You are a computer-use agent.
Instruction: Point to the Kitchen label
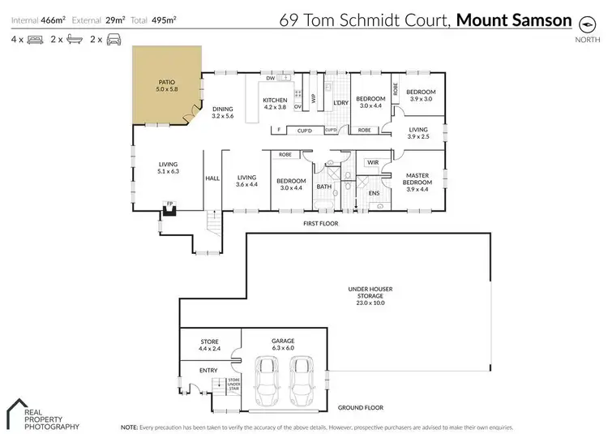(x=275, y=103)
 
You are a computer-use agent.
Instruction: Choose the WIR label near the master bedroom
(x=373, y=162)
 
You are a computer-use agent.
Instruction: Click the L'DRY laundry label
(x=341, y=103)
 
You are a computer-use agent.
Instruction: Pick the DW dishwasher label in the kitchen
(x=270, y=79)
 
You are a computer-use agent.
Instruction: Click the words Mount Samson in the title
(x=515, y=19)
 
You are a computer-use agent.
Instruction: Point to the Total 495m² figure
(x=160, y=19)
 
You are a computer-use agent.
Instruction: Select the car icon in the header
(x=113, y=38)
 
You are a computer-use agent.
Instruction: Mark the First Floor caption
(x=321, y=223)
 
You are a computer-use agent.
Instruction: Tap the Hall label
(x=212, y=178)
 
